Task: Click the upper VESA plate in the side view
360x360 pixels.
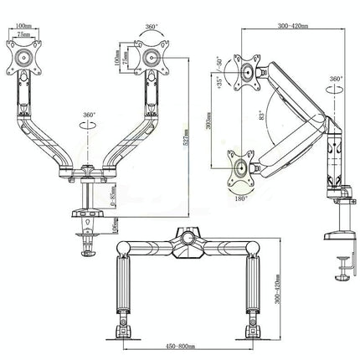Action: (249, 72)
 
